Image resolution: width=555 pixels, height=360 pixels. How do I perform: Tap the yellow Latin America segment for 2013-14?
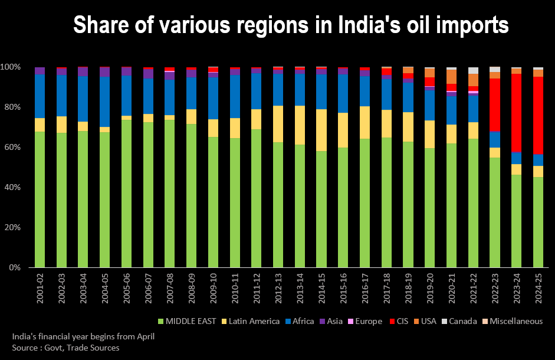(300, 125)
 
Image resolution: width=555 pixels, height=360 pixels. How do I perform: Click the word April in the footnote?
(142, 337)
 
